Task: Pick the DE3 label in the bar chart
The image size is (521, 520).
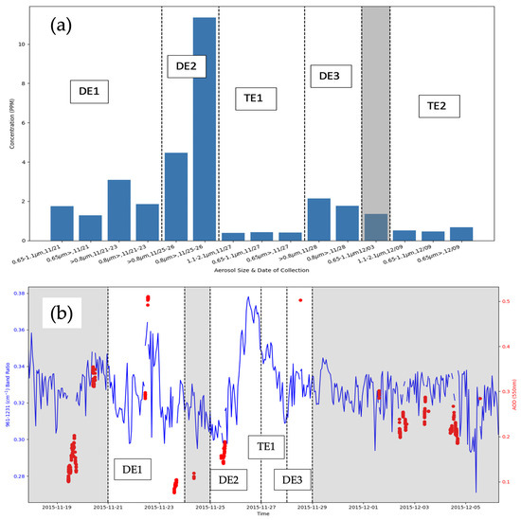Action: pos(332,76)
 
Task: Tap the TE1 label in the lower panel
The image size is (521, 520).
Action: pos(265,444)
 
